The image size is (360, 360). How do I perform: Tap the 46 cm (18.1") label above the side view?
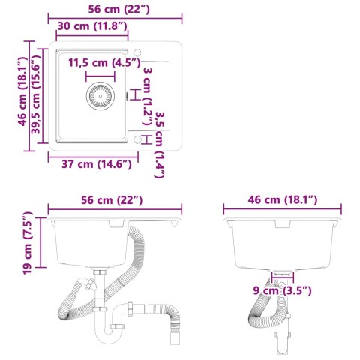tap(281, 199)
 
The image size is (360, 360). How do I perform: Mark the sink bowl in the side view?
tap(281, 244)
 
